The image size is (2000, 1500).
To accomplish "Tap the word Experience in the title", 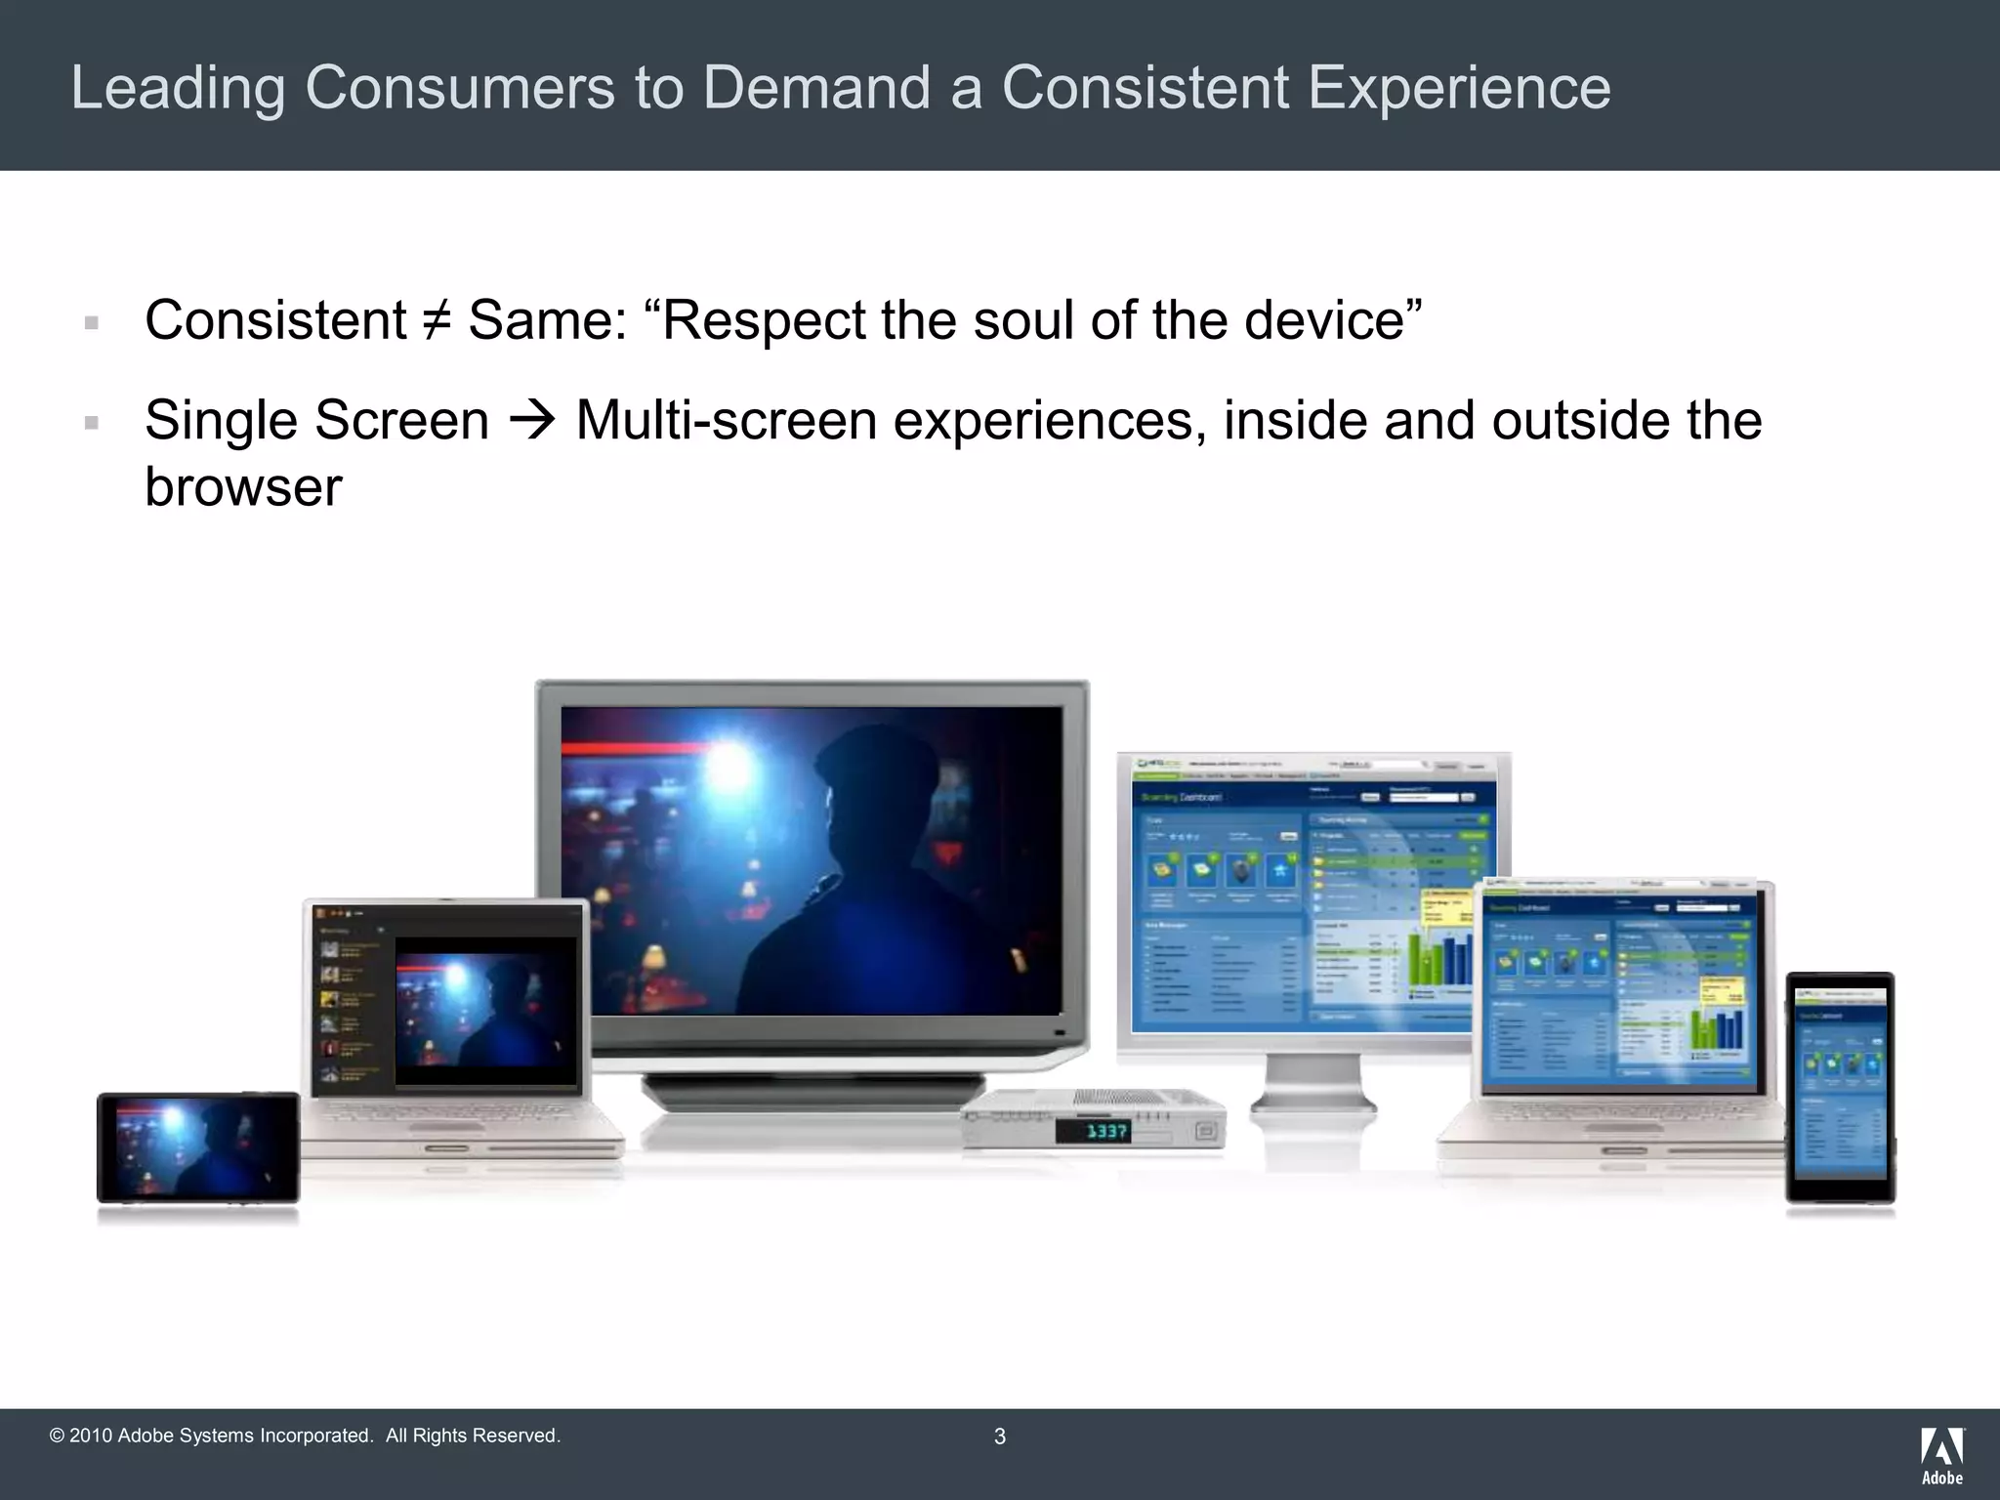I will click(x=1459, y=88).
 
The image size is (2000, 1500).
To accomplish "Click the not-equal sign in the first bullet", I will click(x=437, y=320).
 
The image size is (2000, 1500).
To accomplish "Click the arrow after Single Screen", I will click(x=532, y=421).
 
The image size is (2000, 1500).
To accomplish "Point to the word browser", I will click(x=243, y=487).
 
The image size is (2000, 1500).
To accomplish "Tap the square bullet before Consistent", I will click(x=92, y=323).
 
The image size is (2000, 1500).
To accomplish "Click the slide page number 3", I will click(x=999, y=1437).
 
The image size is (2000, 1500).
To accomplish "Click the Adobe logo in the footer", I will click(x=1941, y=1455).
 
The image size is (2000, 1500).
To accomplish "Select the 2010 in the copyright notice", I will click(x=91, y=1436).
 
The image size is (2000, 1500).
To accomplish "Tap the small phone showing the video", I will click(x=198, y=1147).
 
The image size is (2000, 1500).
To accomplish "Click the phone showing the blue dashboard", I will click(x=1840, y=1086).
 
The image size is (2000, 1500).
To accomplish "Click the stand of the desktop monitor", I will click(x=1312, y=1084).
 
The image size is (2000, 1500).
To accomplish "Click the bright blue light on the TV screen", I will click(x=730, y=771).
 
